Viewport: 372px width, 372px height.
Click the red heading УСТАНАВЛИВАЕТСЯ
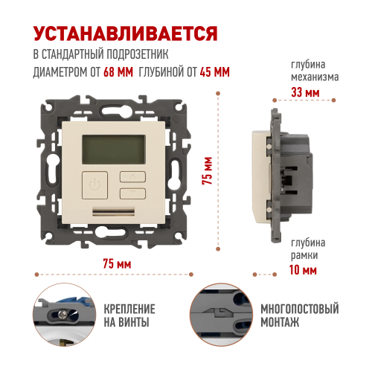(126, 33)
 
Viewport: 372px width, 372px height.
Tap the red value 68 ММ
(118, 72)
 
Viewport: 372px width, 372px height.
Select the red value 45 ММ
(215, 72)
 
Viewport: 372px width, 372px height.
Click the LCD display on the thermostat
(114, 150)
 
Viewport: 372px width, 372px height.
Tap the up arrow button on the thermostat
(132, 177)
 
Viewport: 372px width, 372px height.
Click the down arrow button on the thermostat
(132, 193)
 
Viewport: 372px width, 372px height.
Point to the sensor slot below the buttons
(114, 211)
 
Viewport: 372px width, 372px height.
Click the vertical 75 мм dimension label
(208, 170)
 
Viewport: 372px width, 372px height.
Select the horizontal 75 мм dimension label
(117, 263)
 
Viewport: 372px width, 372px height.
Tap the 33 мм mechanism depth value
(305, 92)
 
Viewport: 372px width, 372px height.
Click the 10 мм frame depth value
(303, 270)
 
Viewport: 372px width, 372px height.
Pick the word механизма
(315, 77)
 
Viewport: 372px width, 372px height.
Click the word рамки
(304, 255)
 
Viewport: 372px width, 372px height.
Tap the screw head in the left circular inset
(62, 315)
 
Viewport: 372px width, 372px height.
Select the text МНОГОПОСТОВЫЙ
(300, 309)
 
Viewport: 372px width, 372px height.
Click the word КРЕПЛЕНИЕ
(129, 309)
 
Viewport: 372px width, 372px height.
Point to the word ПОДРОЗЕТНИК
(138, 54)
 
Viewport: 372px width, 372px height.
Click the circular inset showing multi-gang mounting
(221, 315)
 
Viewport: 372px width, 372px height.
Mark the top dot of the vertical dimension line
(218, 94)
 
